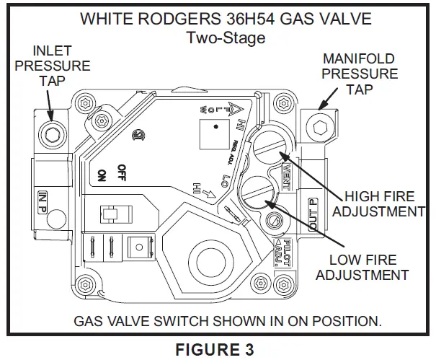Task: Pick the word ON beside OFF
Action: pos(102,175)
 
